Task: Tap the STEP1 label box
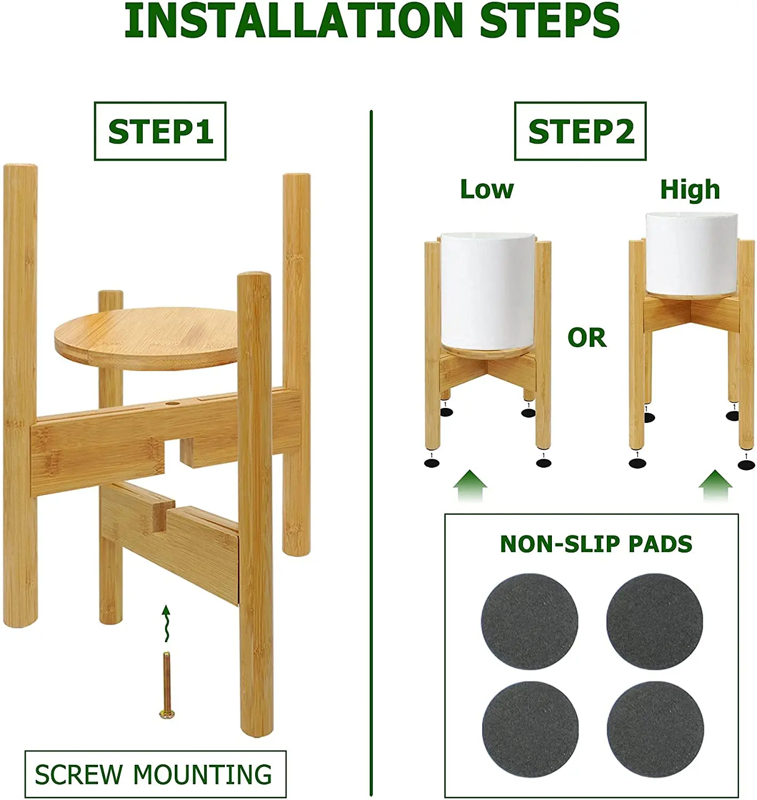coord(160,131)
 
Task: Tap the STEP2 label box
coord(580,131)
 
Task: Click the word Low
coord(486,189)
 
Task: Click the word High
coord(690,189)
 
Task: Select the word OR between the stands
coord(587,338)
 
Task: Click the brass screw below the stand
coord(167,685)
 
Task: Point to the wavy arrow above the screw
coord(166,623)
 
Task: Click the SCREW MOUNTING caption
coord(155,774)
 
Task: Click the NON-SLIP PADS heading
coord(596,543)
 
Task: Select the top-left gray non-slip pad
coord(529,621)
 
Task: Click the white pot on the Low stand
coord(487,288)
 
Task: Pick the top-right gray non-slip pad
coord(655,621)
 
